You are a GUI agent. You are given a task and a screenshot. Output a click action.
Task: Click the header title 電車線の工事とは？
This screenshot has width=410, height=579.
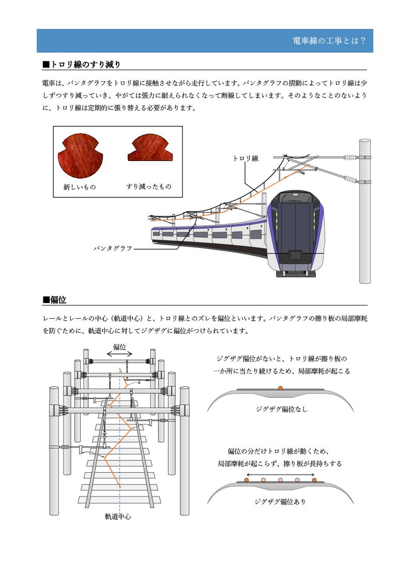(x=329, y=41)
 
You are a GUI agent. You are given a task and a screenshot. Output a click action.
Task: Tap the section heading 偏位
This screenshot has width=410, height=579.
(x=54, y=300)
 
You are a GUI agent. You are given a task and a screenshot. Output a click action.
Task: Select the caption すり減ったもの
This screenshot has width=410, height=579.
(x=149, y=186)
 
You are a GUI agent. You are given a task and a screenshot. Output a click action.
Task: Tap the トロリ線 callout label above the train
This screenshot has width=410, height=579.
(x=246, y=159)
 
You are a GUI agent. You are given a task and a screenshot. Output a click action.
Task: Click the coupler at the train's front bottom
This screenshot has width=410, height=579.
(x=296, y=254)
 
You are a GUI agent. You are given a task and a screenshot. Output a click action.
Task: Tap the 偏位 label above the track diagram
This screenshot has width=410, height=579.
(x=120, y=347)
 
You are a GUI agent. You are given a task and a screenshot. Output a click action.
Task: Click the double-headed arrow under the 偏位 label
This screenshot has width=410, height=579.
(x=120, y=355)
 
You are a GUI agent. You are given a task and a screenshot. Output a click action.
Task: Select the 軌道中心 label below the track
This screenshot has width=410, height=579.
(x=118, y=516)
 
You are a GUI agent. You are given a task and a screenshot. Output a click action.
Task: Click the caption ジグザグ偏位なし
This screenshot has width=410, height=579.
(x=281, y=409)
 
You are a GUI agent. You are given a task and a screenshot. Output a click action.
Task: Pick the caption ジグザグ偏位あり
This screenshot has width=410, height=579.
(x=281, y=501)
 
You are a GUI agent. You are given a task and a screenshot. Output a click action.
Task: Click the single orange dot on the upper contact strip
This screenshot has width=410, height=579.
(x=280, y=388)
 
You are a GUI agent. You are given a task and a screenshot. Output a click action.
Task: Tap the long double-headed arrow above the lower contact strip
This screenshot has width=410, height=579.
(x=281, y=474)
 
